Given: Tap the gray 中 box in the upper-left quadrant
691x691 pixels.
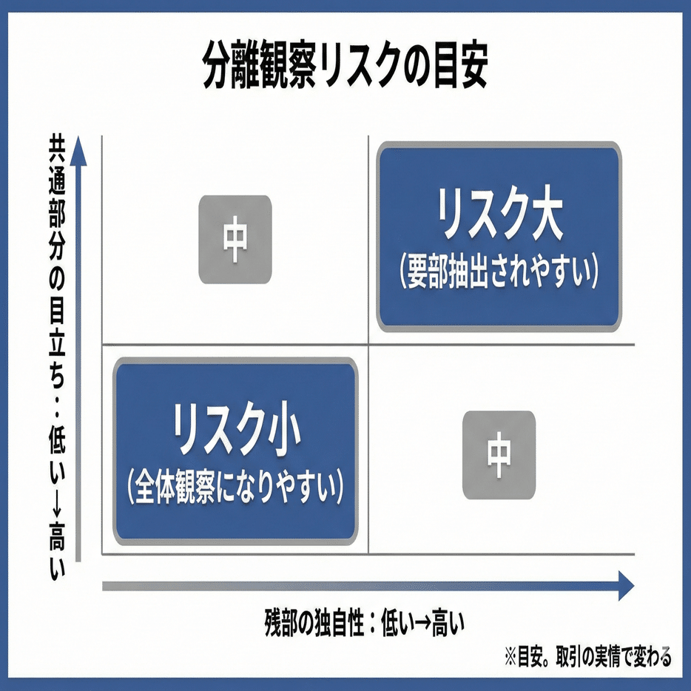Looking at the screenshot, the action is pos(235,240).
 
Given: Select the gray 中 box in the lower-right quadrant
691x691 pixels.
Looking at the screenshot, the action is pos(499,454).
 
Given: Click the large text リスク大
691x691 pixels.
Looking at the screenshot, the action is pos(500,216).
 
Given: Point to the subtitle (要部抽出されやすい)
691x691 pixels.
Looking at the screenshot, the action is pos(499,274).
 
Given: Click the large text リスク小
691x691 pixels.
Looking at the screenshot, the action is pos(235,429).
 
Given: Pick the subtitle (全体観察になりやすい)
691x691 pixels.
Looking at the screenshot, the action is pos(235,486).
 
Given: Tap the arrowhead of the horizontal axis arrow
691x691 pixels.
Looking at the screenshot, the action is pos(625,586).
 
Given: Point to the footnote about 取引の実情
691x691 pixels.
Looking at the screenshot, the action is pos(588,657).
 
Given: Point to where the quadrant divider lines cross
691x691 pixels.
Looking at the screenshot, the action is pos(368,345).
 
